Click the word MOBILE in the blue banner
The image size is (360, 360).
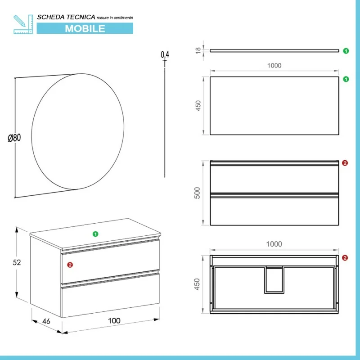85,28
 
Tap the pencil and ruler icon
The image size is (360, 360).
23,24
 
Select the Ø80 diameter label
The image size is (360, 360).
14,138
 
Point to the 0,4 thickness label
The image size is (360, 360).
165,54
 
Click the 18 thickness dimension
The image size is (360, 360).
198,50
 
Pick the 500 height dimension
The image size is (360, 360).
197,193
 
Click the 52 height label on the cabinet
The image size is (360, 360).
17,262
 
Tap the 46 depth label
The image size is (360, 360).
46,321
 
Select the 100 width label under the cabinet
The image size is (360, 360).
114,320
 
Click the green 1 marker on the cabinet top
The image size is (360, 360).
95,234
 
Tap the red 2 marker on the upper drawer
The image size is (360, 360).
70,265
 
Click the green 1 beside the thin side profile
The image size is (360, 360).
346,51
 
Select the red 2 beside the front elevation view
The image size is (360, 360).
345,163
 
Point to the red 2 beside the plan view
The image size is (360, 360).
345,258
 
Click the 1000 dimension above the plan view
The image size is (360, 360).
274,244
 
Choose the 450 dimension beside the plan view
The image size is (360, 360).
197,284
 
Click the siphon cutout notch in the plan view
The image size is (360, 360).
274,280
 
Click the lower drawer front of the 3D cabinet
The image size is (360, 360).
110,295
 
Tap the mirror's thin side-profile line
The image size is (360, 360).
165,119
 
